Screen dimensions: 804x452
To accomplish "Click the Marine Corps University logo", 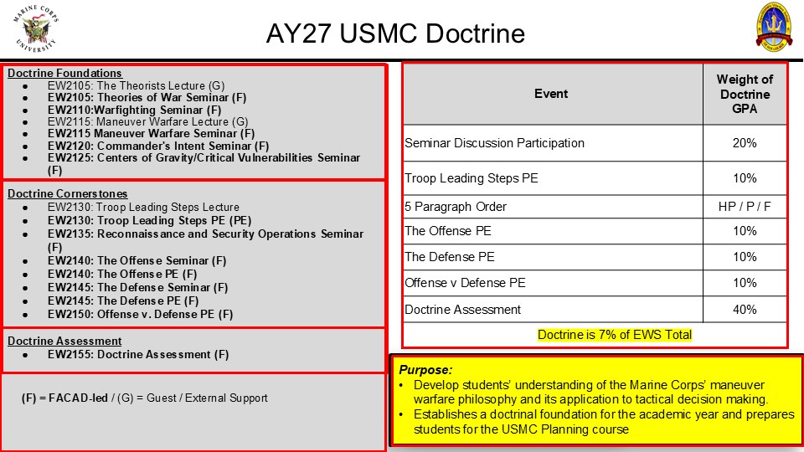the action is tap(35, 28).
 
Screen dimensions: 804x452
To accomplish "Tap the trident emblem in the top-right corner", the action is tap(774, 27).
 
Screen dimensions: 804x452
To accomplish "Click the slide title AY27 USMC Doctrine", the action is tap(395, 33).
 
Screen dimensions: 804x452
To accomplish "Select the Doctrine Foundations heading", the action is tap(64, 74).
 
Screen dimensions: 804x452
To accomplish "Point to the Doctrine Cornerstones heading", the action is tap(68, 193).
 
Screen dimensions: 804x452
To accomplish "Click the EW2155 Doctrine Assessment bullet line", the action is tap(138, 355).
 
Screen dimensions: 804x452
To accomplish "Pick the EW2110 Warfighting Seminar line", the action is tap(134, 110).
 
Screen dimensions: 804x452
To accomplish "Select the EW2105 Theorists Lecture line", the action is tap(136, 85).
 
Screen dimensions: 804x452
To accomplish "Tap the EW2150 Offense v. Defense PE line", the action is tap(140, 314).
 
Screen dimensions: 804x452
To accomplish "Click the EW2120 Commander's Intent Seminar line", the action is tap(158, 146).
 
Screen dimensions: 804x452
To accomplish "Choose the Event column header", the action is tap(551, 94).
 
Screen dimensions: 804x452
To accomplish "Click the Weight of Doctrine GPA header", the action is tap(745, 94).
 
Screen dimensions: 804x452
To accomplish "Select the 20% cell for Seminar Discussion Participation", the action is tap(745, 143).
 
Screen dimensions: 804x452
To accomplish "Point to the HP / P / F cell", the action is tap(745, 207).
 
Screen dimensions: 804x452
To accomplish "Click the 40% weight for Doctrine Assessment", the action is tap(745, 310).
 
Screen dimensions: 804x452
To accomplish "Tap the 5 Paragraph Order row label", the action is tap(456, 207).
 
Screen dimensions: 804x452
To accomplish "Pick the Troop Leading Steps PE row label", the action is tap(472, 178).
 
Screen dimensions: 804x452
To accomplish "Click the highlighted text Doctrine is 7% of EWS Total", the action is tap(614, 335).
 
